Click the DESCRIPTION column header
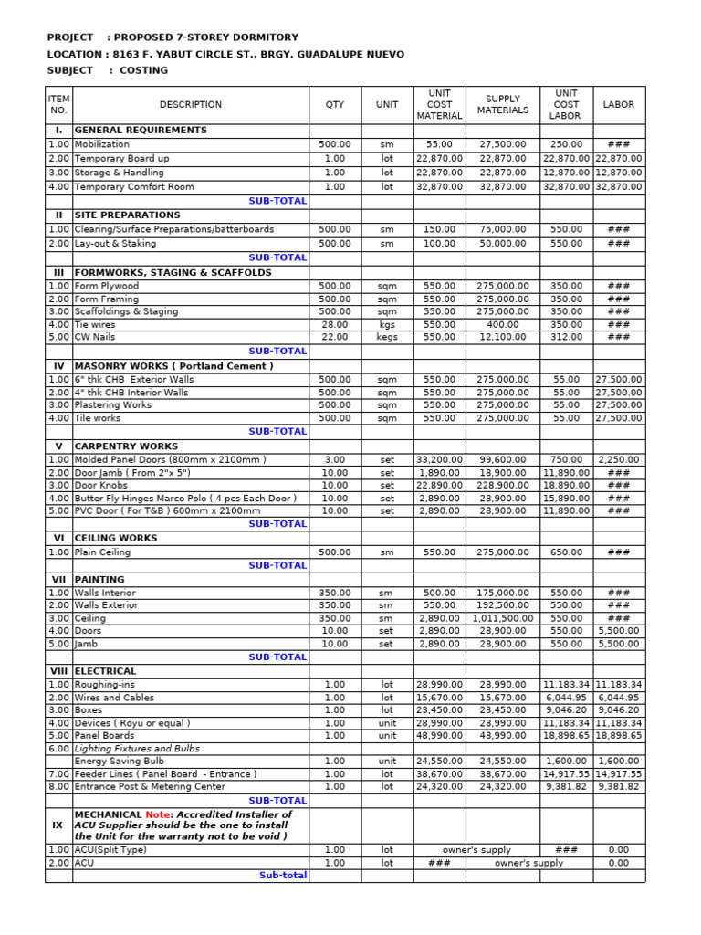(190, 105)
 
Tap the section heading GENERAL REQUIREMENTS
(141, 131)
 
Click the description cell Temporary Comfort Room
(134, 187)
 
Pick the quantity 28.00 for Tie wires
(335, 324)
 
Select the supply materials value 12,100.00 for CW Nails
(503, 337)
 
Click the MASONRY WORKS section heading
(173, 366)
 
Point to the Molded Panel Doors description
(170, 460)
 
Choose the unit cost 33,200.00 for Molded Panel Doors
(439, 460)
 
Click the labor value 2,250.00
(619, 460)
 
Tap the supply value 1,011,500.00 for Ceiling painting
(503, 618)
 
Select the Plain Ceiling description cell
(102, 552)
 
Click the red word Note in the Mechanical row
(159, 814)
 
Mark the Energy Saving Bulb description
(120, 761)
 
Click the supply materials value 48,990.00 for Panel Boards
(503, 735)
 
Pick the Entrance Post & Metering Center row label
(150, 786)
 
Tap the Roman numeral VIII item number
(58, 671)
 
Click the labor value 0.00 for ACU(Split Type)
(619, 850)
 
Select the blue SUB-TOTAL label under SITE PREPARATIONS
(277, 257)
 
